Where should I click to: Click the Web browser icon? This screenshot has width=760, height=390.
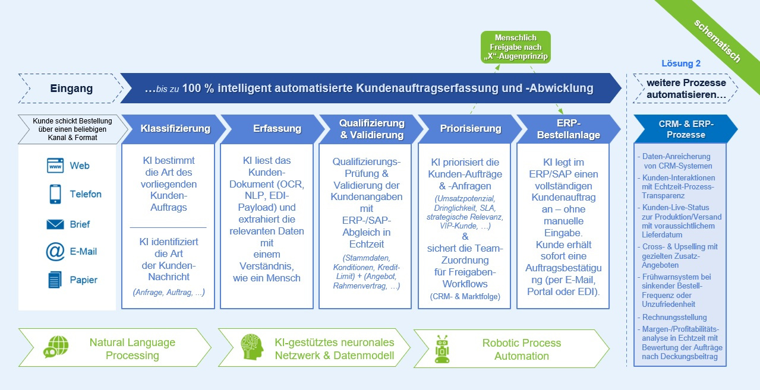pyautogui.click(x=55, y=166)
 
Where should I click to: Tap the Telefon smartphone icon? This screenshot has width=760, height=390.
pyautogui.click(x=55, y=194)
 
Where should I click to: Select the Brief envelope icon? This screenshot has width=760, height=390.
pyautogui.click(x=55, y=224)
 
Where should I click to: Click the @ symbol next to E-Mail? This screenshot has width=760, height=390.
pyautogui.click(x=55, y=252)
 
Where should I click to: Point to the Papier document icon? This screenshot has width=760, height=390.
pyautogui.click(x=55, y=280)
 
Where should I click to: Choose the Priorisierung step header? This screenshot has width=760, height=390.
pyautogui.click(x=470, y=129)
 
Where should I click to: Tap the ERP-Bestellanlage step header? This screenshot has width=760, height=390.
pyautogui.click(x=569, y=129)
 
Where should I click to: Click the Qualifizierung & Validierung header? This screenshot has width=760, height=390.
pyautogui.click(x=371, y=129)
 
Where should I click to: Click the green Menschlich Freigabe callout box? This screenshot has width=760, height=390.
pyautogui.click(x=516, y=47)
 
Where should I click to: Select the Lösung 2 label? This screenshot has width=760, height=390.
pyautogui.click(x=681, y=64)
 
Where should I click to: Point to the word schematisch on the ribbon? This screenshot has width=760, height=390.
pyautogui.click(x=717, y=40)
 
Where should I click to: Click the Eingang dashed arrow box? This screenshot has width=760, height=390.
pyautogui.click(x=71, y=88)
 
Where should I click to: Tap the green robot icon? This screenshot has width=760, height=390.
pyautogui.click(x=442, y=349)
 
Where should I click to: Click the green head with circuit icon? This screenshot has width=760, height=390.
pyautogui.click(x=252, y=347)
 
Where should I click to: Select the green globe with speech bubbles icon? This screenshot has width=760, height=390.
pyautogui.click(x=56, y=347)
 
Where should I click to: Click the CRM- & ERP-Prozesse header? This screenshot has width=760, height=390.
pyautogui.click(x=686, y=129)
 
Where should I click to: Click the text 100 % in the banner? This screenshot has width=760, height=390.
pyautogui.click(x=198, y=88)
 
